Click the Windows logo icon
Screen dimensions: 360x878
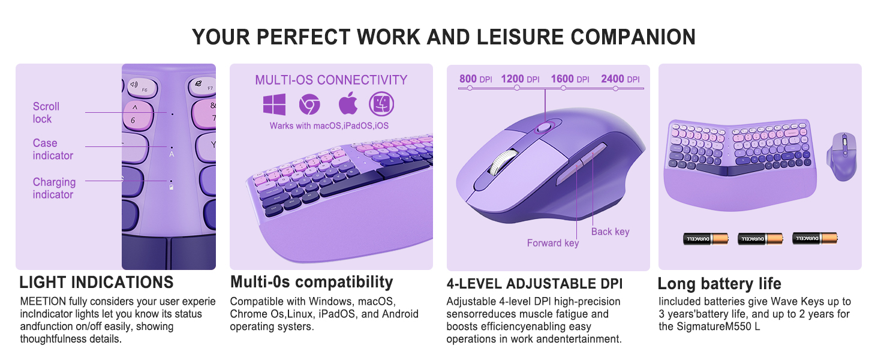point(274,105)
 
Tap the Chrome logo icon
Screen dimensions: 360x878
point(309,105)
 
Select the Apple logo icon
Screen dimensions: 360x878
point(348,104)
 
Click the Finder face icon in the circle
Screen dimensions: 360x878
point(381,104)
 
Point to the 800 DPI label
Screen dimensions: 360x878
point(476,79)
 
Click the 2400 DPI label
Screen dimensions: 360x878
point(620,79)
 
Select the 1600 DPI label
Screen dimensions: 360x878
point(570,79)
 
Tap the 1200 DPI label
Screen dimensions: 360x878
point(520,79)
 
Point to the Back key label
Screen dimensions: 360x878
point(610,232)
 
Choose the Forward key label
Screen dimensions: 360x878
point(552,243)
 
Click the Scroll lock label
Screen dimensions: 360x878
point(46,112)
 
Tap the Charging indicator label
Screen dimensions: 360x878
point(54,188)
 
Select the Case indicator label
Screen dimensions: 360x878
point(53,149)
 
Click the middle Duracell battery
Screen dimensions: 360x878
point(760,239)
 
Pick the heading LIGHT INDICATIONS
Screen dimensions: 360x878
point(96,282)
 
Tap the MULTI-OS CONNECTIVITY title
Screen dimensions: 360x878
point(331,80)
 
